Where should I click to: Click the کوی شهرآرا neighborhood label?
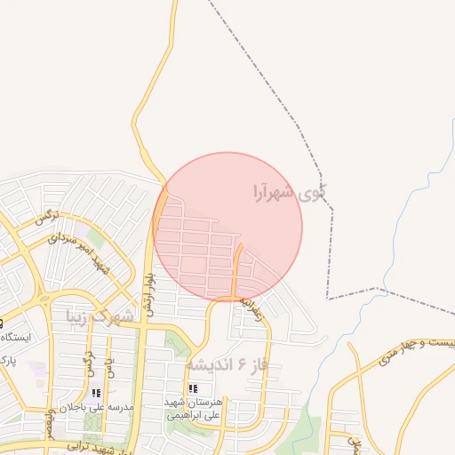[290, 190]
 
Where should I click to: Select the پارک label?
[8, 361]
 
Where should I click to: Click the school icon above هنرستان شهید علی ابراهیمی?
[193, 388]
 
